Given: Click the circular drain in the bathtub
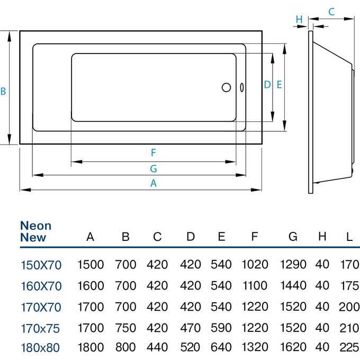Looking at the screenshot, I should coord(227,87).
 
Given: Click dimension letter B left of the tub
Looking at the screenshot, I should coord(3,91).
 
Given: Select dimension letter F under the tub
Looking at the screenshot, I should coord(153,153).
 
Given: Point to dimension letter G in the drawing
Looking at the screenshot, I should coord(153,168).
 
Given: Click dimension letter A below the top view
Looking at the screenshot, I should coord(154,183).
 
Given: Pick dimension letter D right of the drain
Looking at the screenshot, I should coord(267,84).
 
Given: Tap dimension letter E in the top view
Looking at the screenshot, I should coord(279,84).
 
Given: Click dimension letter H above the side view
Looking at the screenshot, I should coord(299,20).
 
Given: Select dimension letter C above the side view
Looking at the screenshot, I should coord(331,11).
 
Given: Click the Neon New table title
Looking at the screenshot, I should coord(35,232).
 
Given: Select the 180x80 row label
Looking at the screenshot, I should coord(40,348).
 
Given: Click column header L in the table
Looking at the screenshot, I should coord(349,237).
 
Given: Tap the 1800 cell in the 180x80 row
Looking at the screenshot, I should coord(91,348).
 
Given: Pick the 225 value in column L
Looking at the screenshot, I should coord(348,348).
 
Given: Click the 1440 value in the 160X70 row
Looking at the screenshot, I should coord(293,286).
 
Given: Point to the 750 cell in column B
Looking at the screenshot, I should coord(125,328).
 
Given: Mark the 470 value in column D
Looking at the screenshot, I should coord(191,328).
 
